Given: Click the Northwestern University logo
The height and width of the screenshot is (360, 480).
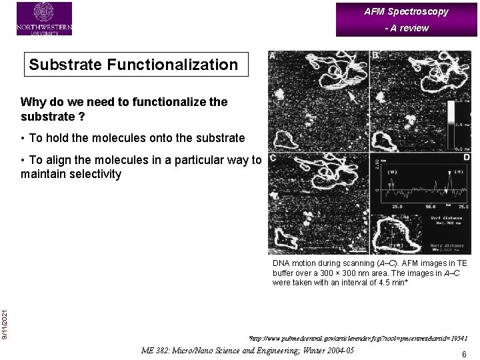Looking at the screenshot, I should [x=44, y=18].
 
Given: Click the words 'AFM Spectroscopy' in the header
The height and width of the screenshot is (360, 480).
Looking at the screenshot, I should [x=406, y=11].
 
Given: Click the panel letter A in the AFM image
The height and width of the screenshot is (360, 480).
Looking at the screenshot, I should [x=273, y=56].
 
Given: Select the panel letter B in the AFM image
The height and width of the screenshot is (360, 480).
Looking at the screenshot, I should [x=376, y=56].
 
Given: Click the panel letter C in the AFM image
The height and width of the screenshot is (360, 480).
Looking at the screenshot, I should [x=273, y=158].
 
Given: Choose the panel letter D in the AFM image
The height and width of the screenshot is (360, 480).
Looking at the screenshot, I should [x=466, y=157].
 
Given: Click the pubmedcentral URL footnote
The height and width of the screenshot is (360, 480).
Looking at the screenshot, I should [x=357, y=339].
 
